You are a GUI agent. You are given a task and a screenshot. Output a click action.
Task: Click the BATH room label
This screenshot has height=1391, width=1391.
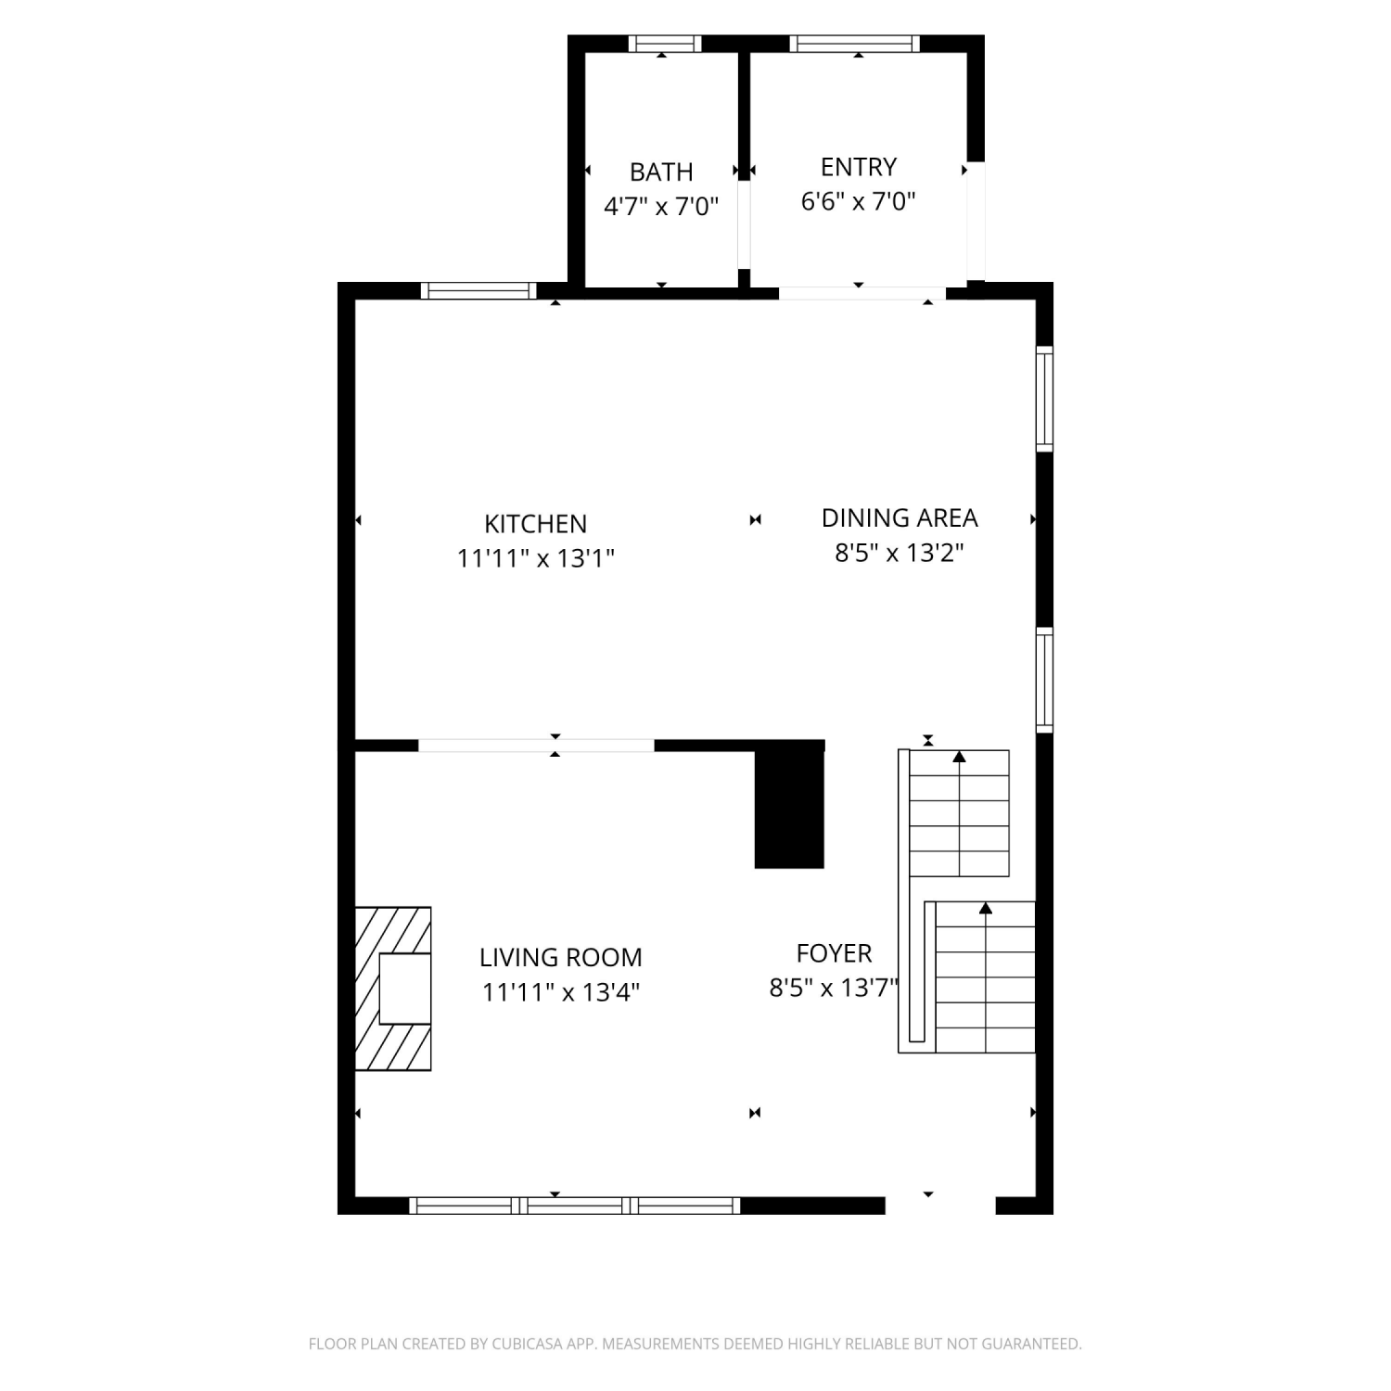(x=661, y=172)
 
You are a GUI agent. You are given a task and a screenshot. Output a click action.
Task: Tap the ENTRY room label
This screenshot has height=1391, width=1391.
(x=859, y=167)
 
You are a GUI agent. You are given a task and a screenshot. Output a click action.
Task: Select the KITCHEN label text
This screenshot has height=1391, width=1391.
(x=536, y=524)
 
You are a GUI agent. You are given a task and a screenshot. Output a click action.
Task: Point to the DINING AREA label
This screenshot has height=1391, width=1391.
(x=900, y=517)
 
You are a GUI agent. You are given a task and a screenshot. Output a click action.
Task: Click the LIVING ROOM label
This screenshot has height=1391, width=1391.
(x=561, y=957)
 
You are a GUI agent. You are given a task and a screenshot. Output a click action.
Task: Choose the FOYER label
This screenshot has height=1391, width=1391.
(x=835, y=953)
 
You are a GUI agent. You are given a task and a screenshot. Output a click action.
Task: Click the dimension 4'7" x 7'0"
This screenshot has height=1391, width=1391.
(x=661, y=206)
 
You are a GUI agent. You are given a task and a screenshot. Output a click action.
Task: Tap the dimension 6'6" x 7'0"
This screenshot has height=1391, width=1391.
(x=859, y=201)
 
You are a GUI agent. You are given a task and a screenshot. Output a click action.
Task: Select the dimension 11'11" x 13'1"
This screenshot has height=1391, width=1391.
(x=536, y=558)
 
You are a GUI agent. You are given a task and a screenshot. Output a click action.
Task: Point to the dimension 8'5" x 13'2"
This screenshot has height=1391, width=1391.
(x=900, y=553)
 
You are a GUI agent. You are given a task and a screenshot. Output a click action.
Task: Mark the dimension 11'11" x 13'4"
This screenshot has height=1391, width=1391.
(x=561, y=992)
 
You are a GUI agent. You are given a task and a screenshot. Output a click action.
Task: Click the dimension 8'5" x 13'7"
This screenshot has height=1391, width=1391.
(x=835, y=988)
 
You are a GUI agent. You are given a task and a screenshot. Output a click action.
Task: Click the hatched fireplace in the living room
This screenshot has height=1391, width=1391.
(x=393, y=989)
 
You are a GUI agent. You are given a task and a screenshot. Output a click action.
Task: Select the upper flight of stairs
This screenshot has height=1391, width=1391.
(x=959, y=813)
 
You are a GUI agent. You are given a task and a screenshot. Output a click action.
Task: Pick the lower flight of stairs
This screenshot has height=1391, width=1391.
(x=985, y=977)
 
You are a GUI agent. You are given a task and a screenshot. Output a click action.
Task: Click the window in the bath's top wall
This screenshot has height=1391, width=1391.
(x=665, y=44)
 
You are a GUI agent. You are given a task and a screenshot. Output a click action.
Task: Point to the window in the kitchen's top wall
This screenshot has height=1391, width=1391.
(x=479, y=290)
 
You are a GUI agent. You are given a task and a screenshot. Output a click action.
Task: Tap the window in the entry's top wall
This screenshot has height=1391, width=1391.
(x=855, y=44)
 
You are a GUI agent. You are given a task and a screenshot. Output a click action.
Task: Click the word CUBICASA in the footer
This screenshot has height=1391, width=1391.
(x=527, y=1344)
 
